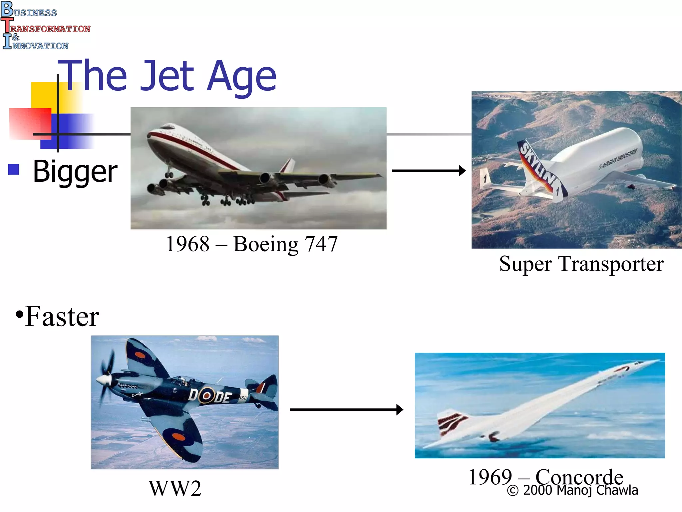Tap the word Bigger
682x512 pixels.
coord(75,172)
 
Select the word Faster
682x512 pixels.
coord(62,317)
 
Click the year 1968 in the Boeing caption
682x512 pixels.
coord(187,244)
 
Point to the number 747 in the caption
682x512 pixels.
coord(321,244)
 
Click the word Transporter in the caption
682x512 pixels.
coord(611,264)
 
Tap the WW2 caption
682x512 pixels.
coord(175,489)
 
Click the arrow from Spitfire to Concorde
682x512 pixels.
coord(346,409)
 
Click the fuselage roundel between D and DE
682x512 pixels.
coord(206,396)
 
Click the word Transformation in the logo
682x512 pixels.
coord(50,29)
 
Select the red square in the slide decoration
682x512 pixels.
coord(30,123)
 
